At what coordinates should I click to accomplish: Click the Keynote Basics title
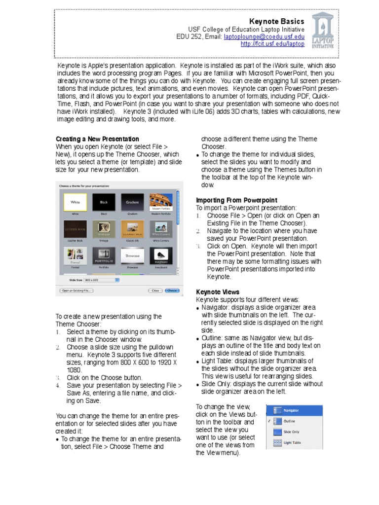pyautogui.click(x=276, y=21)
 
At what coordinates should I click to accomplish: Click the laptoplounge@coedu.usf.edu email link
pyautogui.click(x=264, y=36)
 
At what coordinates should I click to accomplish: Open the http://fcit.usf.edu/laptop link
pyautogui.click(x=272, y=44)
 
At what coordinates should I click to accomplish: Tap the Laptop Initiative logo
pyautogui.click(x=323, y=31)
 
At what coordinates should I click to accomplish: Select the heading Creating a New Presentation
pyautogui.click(x=97, y=139)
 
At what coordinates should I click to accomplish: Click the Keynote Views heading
pyautogui.click(x=218, y=292)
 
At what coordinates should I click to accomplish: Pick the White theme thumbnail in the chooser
pyautogui.click(x=76, y=202)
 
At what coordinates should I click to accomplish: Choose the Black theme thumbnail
pyautogui.click(x=104, y=202)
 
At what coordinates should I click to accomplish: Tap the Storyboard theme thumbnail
pyautogui.click(x=161, y=256)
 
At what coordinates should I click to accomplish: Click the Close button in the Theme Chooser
pyautogui.click(x=155, y=290)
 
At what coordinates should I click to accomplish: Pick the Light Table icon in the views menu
pyautogui.click(x=277, y=443)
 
